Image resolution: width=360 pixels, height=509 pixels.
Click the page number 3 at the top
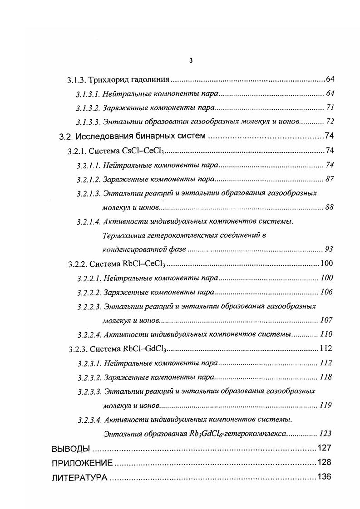tap(191, 61)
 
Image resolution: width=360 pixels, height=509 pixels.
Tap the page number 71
tap(330, 108)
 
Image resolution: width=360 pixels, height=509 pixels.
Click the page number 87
tap(330, 179)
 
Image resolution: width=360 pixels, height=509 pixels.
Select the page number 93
tap(329, 250)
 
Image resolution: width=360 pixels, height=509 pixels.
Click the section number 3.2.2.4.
tap(89, 334)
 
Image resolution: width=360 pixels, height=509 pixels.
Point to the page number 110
tap(326, 334)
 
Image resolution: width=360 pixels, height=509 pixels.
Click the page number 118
tap(326, 377)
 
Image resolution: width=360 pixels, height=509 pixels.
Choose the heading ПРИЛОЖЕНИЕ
tap(82, 463)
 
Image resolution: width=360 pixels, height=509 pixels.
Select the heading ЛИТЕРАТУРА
tap(80, 477)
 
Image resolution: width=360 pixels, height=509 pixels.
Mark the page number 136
tap(325, 477)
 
